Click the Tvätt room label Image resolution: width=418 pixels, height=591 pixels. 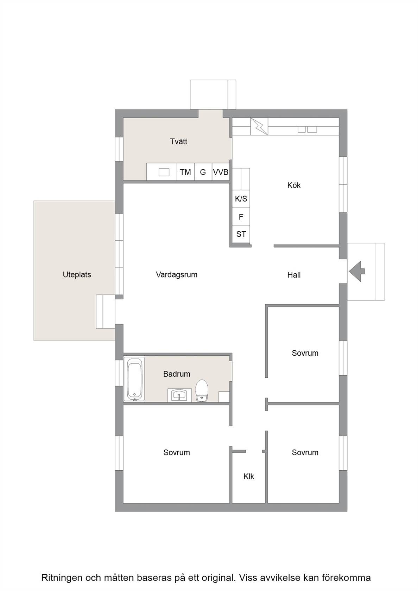(x=179, y=141)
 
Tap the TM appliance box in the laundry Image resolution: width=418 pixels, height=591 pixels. (x=185, y=172)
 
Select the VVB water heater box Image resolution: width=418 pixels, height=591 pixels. (x=221, y=172)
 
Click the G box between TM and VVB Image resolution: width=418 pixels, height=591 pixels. (x=203, y=172)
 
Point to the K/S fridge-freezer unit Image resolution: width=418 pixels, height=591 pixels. (x=241, y=198)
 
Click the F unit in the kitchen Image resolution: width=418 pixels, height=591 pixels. (x=241, y=217)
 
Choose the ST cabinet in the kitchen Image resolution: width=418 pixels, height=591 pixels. (x=241, y=234)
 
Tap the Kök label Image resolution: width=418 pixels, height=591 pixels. (x=294, y=185)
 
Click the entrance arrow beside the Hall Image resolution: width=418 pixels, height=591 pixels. (x=357, y=271)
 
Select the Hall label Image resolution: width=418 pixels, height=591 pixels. (x=294, y=275)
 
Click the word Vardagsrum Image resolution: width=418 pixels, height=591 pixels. (x=177, y=275)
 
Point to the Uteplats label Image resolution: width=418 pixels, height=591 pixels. (x=77, y=275)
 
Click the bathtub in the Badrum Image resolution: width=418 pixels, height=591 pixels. (x=134, y=379)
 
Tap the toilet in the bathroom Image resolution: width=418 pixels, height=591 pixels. (x=202, y=390)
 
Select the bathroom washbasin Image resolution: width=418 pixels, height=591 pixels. (x=180, y=395)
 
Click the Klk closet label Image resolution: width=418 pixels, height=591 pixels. (x=248, y=476)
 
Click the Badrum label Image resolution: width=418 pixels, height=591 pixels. (x=177, y=374)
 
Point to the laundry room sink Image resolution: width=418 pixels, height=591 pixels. (x=164, y=172)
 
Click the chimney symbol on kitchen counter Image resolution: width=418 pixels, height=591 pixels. (x=259, y=126)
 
